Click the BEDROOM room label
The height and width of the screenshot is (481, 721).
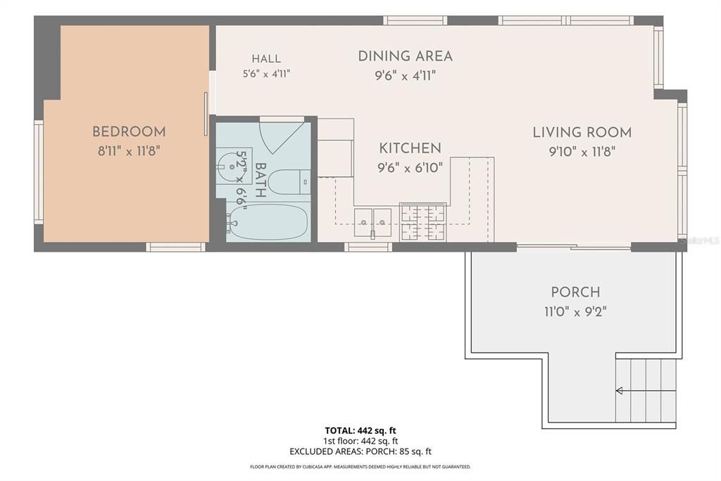(129, 132)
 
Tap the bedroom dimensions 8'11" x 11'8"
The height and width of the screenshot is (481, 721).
(129, 151)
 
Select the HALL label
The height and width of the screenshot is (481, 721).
(266, 59)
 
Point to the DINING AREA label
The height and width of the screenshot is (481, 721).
(405, 56)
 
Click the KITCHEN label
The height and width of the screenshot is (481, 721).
(410, 148)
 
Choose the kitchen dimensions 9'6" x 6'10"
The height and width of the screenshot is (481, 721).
(410, 168)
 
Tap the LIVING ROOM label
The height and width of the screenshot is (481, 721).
(582, 133)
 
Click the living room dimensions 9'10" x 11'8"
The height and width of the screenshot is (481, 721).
(582, 152)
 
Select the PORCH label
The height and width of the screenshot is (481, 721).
(575, 293)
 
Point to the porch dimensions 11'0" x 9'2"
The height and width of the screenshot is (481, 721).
(575, 312)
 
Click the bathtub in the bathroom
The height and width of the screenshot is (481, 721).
(268, 222)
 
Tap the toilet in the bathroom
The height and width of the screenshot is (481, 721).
(288, 182)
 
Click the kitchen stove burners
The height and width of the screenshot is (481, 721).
(422, 223)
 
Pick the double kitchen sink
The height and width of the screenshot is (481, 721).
(372, 223)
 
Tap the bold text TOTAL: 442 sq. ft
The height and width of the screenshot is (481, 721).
(360, 431)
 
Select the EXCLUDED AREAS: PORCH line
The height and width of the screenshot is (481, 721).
(360, 452)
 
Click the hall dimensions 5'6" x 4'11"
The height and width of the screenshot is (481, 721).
(266, 74)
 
